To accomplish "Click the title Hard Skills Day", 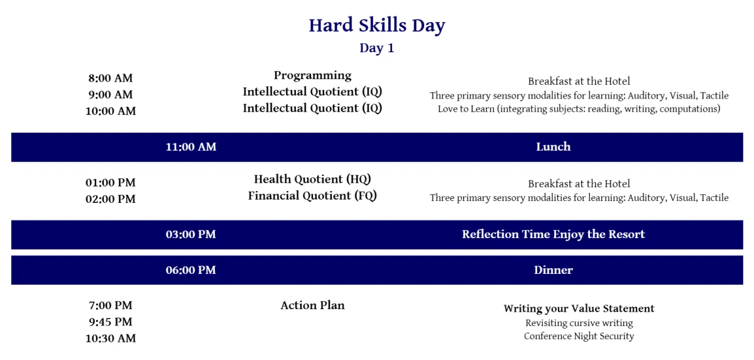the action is point(377,26).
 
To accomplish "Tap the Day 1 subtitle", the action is point(376,48).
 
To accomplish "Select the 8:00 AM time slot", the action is point(111,78).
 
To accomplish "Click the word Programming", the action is point(312,75).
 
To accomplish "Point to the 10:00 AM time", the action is point(111,111).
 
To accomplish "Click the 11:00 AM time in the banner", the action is point(191,146).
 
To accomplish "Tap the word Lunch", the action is point(554,146).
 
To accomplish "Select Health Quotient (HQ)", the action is point(312,179).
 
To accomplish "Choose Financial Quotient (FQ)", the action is point(312,196).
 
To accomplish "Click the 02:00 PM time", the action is point(111,199).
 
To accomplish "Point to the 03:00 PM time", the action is point(191,234).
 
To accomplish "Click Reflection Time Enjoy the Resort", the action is point(554,234).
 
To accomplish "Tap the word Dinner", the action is point(554,270).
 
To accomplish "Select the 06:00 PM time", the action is point(191,270).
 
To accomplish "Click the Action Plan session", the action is point(312,305).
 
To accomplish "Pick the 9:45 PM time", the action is point(111,322).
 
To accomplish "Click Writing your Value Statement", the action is point(579,308).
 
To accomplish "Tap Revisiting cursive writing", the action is point(579,323).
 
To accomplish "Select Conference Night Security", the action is point(579,336).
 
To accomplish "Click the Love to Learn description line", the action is point(579,109).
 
